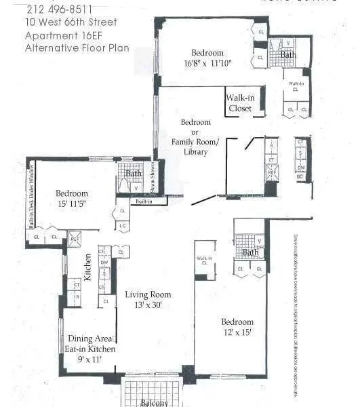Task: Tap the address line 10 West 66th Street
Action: click(x=71, y=22)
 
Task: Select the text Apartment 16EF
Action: click(x=60, y=35)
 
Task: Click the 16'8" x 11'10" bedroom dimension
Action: click(x=207, y=64)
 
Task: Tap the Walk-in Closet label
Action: click(x=239, y=103)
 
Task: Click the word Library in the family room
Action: click(x=195, y=152)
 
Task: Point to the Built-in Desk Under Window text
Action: click(x=31, y=197)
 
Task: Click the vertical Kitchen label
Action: click(x=87, y=267)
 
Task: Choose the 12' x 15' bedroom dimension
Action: click(x=237, y=332)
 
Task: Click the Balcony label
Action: click(x=154, y=403)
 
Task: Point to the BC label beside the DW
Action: click(x=300, y=176)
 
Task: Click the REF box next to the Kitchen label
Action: click(x=75, y=239)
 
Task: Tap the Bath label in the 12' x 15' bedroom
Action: click(x=251, y=253)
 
